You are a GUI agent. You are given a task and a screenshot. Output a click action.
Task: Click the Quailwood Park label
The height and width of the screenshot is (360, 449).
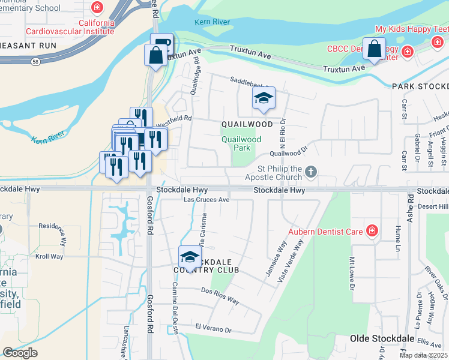click(x=241, y=143)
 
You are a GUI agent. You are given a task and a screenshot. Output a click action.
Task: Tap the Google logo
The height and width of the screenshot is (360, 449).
click(x=20, y=353)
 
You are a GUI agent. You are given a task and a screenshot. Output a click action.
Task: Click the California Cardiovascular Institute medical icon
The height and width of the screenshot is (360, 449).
click(x=97, y=8)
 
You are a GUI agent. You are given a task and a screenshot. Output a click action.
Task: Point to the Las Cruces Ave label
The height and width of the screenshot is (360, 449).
click(x=206, y=200)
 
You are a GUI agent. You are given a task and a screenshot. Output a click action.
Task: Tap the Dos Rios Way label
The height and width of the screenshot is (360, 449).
click(x=220, y=292)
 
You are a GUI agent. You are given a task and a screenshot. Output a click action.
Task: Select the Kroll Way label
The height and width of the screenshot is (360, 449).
click(x=49, y=256)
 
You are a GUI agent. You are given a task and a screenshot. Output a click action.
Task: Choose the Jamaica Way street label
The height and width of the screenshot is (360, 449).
click(x=275, y=259)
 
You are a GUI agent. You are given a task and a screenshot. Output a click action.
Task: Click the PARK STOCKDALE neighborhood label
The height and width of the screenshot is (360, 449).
click(x=420, y=86)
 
